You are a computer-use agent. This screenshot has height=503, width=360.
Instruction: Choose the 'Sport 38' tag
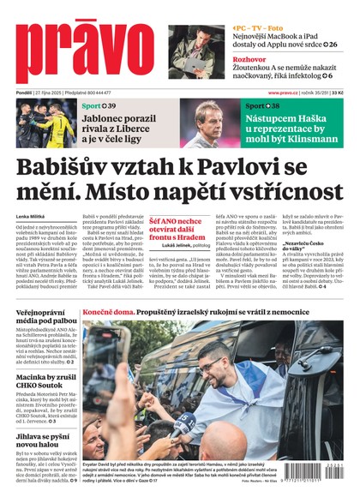[x=262, y=105]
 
